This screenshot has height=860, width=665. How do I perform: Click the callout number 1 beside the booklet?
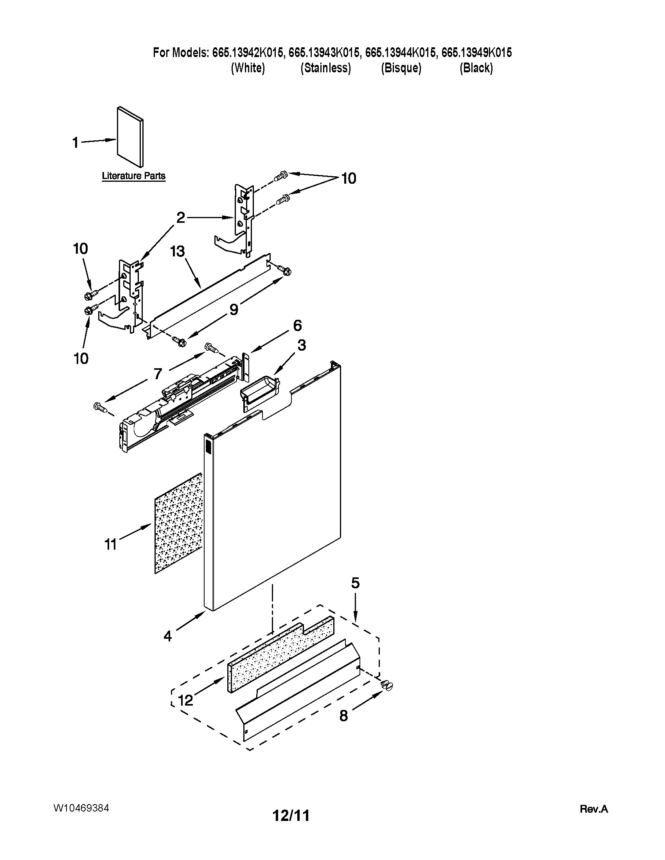pos(75,143)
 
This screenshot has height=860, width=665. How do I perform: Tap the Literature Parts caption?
pos(133,176)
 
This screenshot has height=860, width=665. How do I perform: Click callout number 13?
pos(178,251)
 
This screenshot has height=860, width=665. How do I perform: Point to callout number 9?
pos(234,310)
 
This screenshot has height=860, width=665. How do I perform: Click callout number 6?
pos(297,326)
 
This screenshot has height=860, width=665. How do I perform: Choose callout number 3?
pos(301,345)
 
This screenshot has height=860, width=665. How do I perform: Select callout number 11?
pos(111,545)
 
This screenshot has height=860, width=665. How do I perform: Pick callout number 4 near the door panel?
pos(168,636)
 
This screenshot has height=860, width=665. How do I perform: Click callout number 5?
pos(355,583)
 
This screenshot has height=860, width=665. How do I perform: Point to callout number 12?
pos(185,700)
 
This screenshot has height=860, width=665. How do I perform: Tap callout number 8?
pos(343,715)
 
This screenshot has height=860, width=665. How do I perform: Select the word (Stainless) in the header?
pos(325,68)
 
